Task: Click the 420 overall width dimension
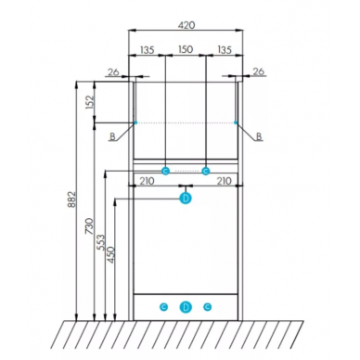186,25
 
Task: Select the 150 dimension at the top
186,49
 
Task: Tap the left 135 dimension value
148,49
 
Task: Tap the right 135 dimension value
225,49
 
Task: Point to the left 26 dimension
113,72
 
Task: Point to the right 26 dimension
259,71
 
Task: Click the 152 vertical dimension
89,102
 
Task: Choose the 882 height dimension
71,199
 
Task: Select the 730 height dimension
89,225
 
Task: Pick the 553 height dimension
101,243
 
